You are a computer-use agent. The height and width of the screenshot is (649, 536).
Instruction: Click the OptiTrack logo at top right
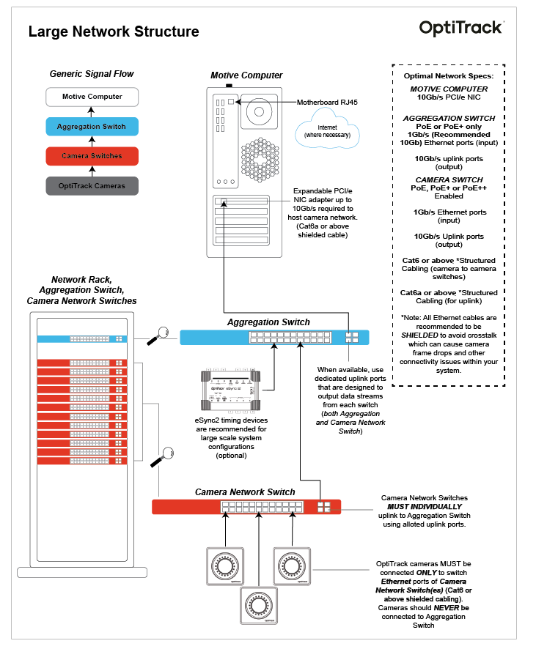point(461,28)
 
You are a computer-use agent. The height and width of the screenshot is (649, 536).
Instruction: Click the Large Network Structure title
point(114,31)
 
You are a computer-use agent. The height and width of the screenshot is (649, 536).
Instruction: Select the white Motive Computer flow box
point(92,97)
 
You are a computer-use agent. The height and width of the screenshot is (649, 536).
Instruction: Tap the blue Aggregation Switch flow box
point(92,126)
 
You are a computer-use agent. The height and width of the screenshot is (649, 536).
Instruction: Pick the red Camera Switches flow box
point(92,156)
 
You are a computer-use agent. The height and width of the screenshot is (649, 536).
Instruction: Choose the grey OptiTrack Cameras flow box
point(92,185)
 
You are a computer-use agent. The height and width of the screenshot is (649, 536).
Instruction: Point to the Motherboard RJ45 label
point(329,102)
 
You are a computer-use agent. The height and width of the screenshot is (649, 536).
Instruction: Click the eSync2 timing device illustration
point(230,387)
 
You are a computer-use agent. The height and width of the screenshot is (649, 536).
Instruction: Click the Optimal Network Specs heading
point(449,75)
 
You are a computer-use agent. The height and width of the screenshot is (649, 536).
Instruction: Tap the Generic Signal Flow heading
point(92,74)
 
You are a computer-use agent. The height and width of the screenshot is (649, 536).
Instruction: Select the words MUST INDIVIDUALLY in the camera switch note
point(425,506)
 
